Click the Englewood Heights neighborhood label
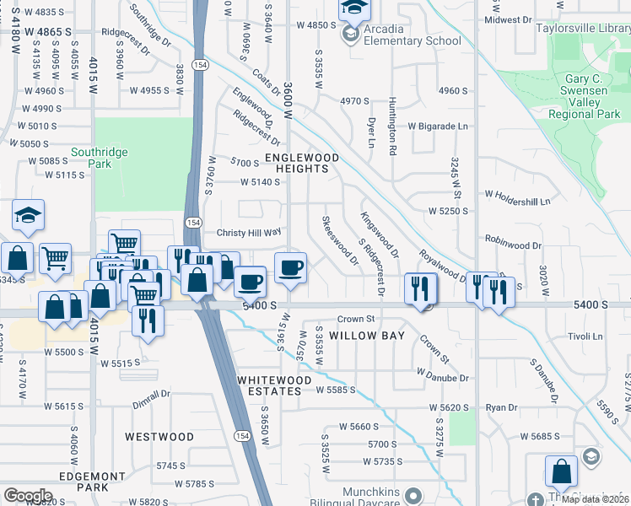[x=302, y=163]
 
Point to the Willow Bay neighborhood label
[x=367, y=336]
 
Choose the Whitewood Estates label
[x=270, y=385]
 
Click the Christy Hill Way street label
[x=248, y=232]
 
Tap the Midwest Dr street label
[x=507, y=19]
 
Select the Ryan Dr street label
[x=501, y=407]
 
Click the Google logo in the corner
[x=27, y=495]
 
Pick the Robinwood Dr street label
[x=513, y=245]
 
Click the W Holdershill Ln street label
[x=516, y=202]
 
